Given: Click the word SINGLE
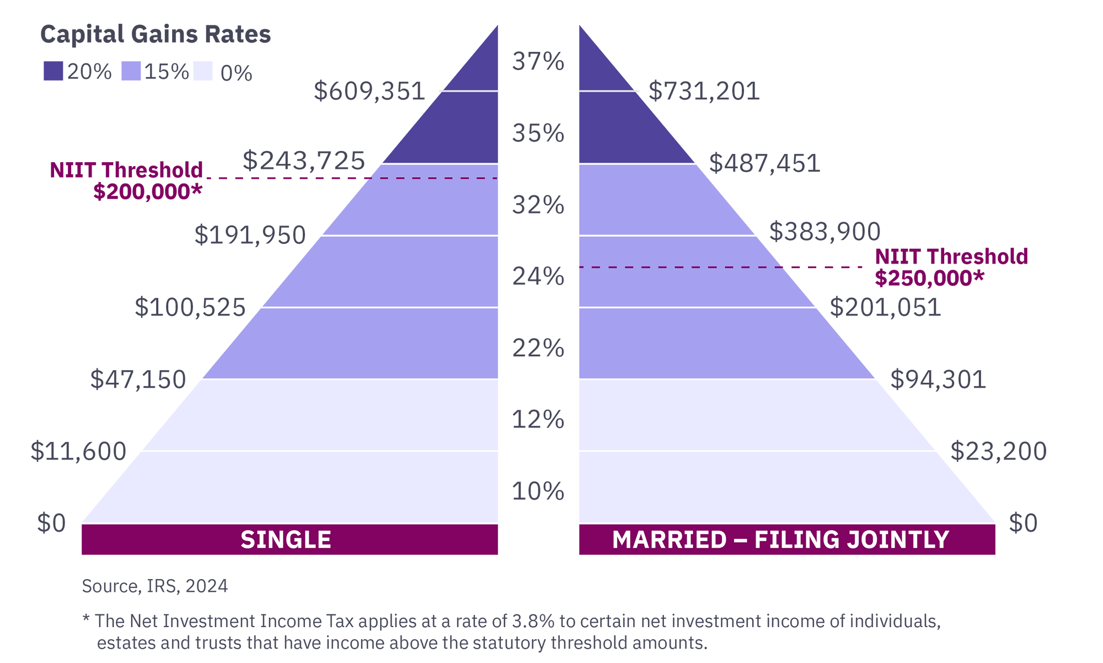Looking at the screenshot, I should click(286, 540).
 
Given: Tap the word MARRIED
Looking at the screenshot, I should click(670, 540).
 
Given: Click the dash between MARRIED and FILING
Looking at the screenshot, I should click(740, 541).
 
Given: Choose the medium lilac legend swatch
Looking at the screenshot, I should click(130, 87).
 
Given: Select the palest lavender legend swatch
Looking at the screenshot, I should click(204, 88).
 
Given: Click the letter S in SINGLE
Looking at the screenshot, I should click(247, 540).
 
